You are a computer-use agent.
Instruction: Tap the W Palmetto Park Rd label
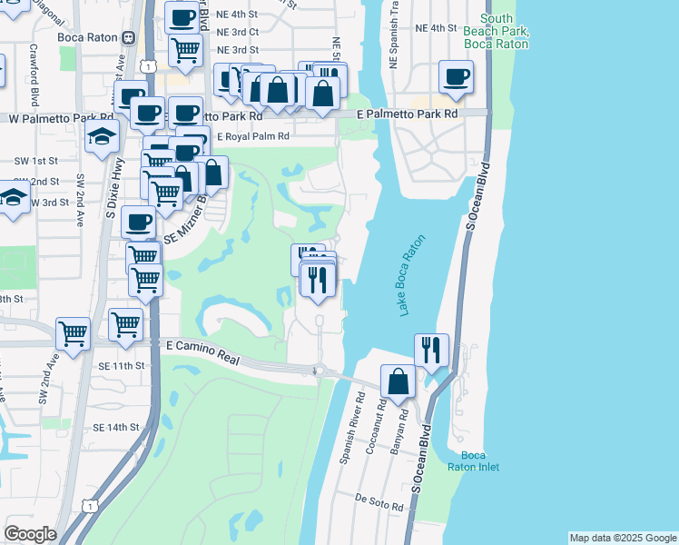coord(61,118)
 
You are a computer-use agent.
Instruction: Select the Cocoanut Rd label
coord(376,431)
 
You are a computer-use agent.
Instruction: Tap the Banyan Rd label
coord(397,436)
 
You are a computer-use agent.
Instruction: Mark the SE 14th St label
coord(116,427)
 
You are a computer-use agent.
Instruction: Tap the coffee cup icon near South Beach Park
coord(455,76)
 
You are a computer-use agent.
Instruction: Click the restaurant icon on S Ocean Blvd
coord(431,349)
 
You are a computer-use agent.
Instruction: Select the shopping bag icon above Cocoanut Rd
coord(398,381)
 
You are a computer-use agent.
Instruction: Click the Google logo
coord(30,534)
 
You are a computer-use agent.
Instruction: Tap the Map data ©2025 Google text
coord(622,538)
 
